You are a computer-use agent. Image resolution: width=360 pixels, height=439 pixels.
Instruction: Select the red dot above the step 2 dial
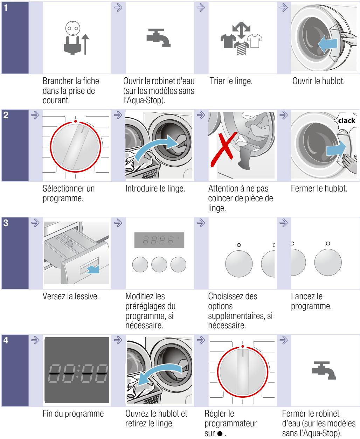coord(76,122)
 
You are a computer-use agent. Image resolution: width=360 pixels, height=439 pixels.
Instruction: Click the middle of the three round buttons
coord(159,265)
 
